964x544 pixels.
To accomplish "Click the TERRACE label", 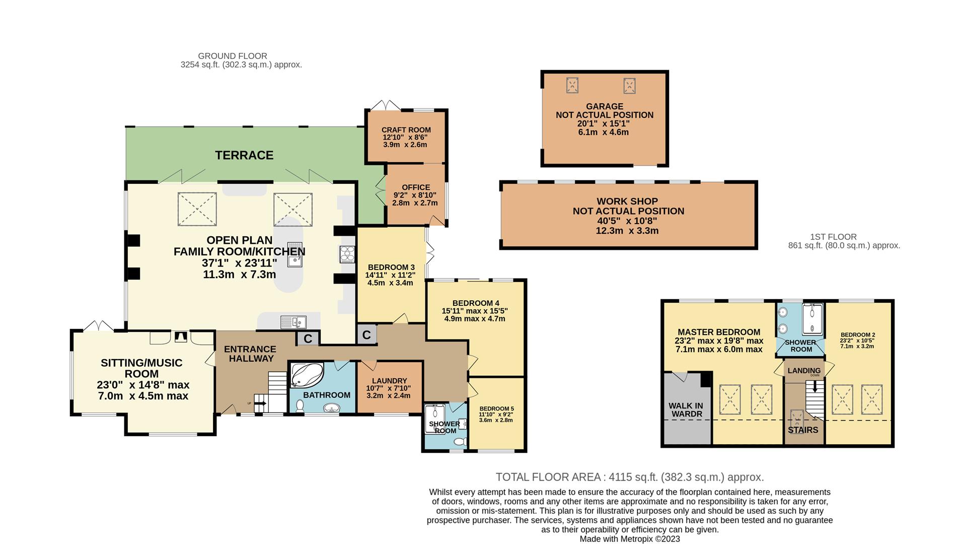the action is [244, 155].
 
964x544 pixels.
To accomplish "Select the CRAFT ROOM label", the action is [406, 130].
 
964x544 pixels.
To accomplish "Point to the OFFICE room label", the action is [416, 187].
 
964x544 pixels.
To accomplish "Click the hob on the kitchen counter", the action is [347, 254].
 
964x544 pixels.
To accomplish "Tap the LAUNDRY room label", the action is [389, 381].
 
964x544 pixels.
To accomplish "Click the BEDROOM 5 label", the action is [496, 409].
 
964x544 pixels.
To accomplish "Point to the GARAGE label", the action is [605, 106].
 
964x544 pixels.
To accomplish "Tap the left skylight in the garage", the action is [572, 86].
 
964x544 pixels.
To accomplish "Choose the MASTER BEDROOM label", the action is [719, 332].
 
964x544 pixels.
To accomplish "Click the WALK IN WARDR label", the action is [686, 410].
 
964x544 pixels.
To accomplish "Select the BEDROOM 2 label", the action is [858, 334].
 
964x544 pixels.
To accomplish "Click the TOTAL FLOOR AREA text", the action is [548, 477].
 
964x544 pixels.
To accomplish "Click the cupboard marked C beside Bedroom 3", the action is [366, 334].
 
